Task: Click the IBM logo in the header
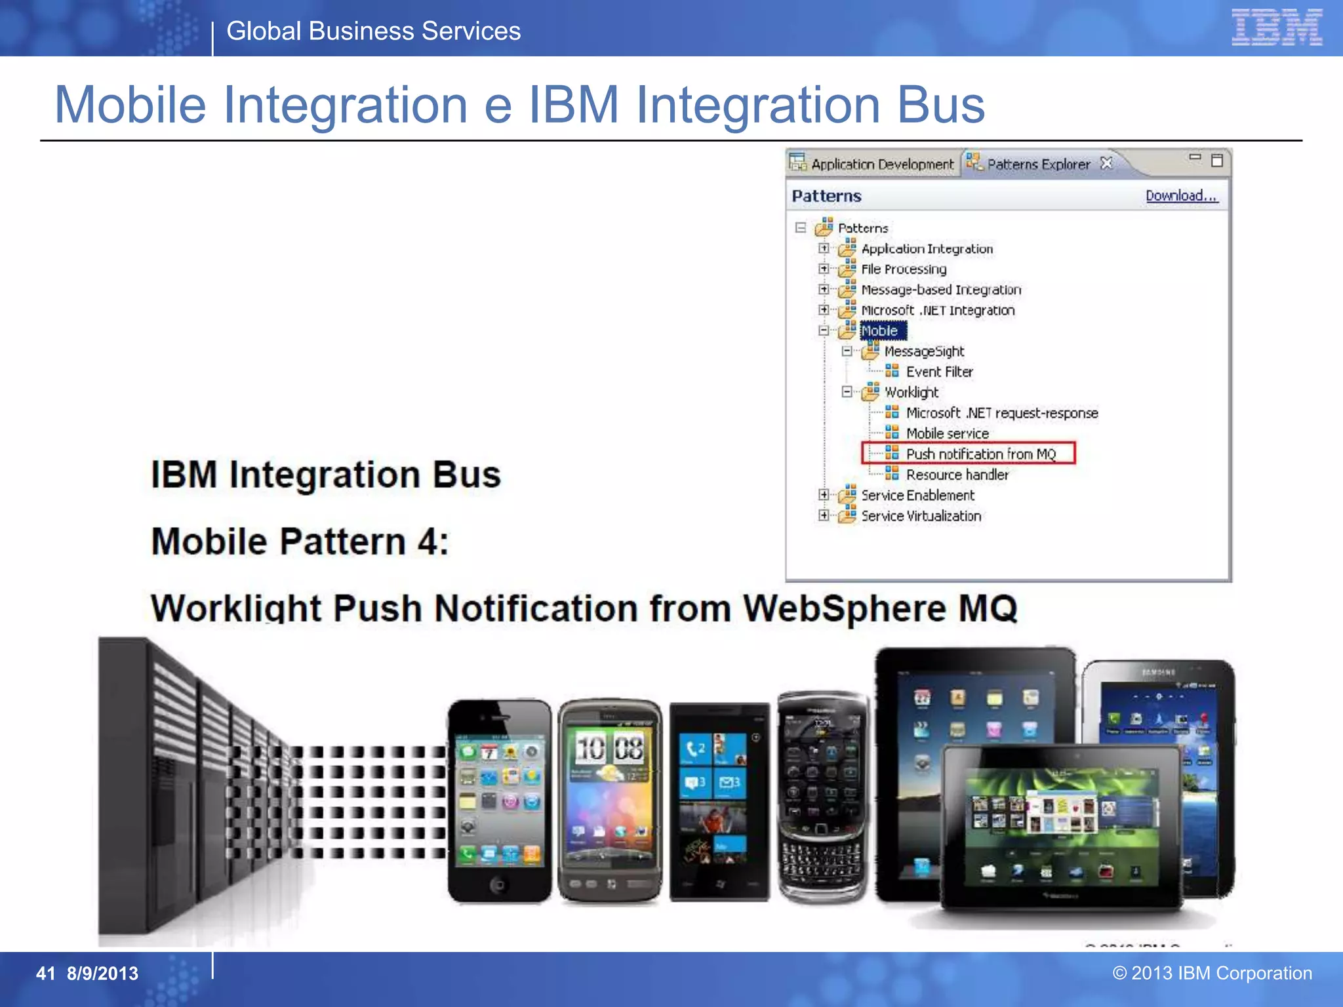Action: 1276,28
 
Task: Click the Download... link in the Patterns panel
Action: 1181,195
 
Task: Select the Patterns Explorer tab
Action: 1038,164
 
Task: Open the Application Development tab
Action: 881,164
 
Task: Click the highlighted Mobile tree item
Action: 879,331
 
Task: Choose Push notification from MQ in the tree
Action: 980,454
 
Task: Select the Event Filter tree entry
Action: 939,372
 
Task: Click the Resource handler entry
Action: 957,475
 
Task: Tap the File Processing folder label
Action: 904,269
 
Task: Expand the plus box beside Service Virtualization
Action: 824,515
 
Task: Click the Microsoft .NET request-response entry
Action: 1001,413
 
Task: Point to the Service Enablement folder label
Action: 917,496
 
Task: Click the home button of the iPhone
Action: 498,886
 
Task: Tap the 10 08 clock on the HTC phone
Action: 609,747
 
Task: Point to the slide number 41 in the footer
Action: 45,974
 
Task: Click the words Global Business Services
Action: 373,31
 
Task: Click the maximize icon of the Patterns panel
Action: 1217,161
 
